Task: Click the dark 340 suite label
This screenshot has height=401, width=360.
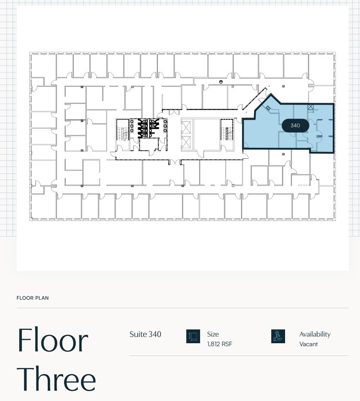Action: pos(295,126)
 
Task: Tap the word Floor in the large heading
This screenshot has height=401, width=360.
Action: pos(52,340)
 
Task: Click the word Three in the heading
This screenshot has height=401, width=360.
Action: pos(57,379)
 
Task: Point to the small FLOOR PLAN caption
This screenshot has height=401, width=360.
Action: pos(33,298)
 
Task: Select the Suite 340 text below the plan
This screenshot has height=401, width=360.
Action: pos(145,334)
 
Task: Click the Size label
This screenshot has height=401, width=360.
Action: pos(213,334)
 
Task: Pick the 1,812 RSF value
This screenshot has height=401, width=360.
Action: pos(219,344)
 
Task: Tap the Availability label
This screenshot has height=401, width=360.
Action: pos(315,334)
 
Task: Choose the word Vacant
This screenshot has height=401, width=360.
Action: pos(309,344)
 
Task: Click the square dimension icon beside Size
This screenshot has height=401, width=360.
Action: pos(193,336)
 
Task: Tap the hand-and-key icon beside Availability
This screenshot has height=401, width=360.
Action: pos(278,336)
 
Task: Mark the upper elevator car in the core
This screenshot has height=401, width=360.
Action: pos(186,126)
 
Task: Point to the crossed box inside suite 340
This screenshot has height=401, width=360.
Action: pos(310,107)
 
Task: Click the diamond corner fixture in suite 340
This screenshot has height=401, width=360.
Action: pos(268,108)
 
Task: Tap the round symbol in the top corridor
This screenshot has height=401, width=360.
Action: pos(221,81)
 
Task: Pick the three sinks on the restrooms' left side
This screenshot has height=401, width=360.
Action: pos(132,125)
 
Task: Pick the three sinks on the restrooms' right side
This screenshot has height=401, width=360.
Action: pos(166,125)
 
